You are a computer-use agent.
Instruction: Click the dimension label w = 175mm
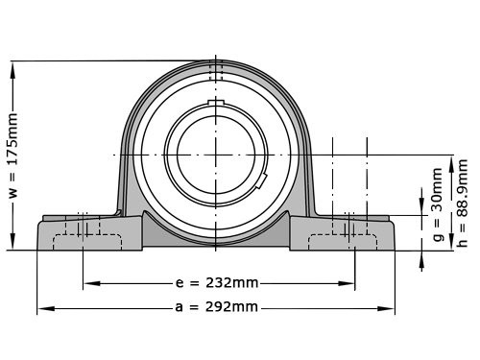coord(13,155)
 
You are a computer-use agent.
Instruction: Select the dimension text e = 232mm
coord(217,283)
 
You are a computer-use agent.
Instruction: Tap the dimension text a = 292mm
coord(216,307)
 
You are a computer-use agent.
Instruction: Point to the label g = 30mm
coord(438,205)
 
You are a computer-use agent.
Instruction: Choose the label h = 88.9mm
coord(463,204)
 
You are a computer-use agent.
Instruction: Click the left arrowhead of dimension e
coord(92,283)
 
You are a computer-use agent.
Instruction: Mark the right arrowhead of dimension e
coord(347,283)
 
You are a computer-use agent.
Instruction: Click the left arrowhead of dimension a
coord(46,308)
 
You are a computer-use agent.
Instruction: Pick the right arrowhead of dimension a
coord(386,308)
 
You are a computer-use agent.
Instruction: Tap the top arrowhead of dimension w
coord(12,71)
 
